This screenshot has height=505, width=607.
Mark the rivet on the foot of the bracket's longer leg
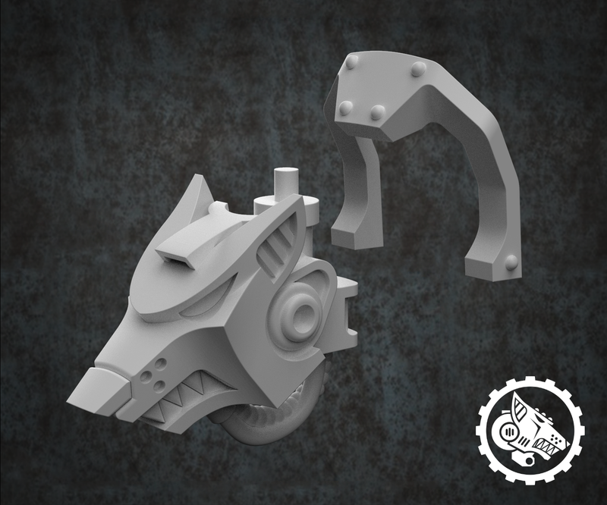pos(511,262)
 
